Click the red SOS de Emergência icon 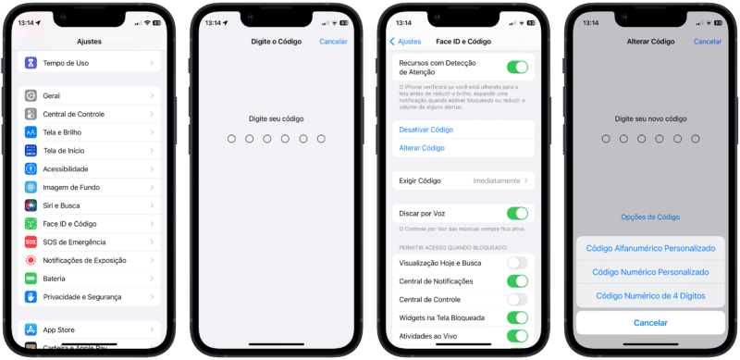coord(31,242)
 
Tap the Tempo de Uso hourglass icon coord(31,62)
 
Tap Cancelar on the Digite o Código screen coord(333,42)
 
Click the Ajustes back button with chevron coord(406,42)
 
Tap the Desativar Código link coord(425,130)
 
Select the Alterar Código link coord(422,148)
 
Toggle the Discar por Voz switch coord(517,213)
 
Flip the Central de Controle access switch coord(517,299)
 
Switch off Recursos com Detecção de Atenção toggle coord(517,67)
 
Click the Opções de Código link coord(649,217)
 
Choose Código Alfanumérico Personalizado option coord(650,249)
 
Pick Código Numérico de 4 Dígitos coord(650,296)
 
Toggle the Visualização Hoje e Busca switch coord(517,263)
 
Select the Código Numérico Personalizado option coord(650,272)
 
